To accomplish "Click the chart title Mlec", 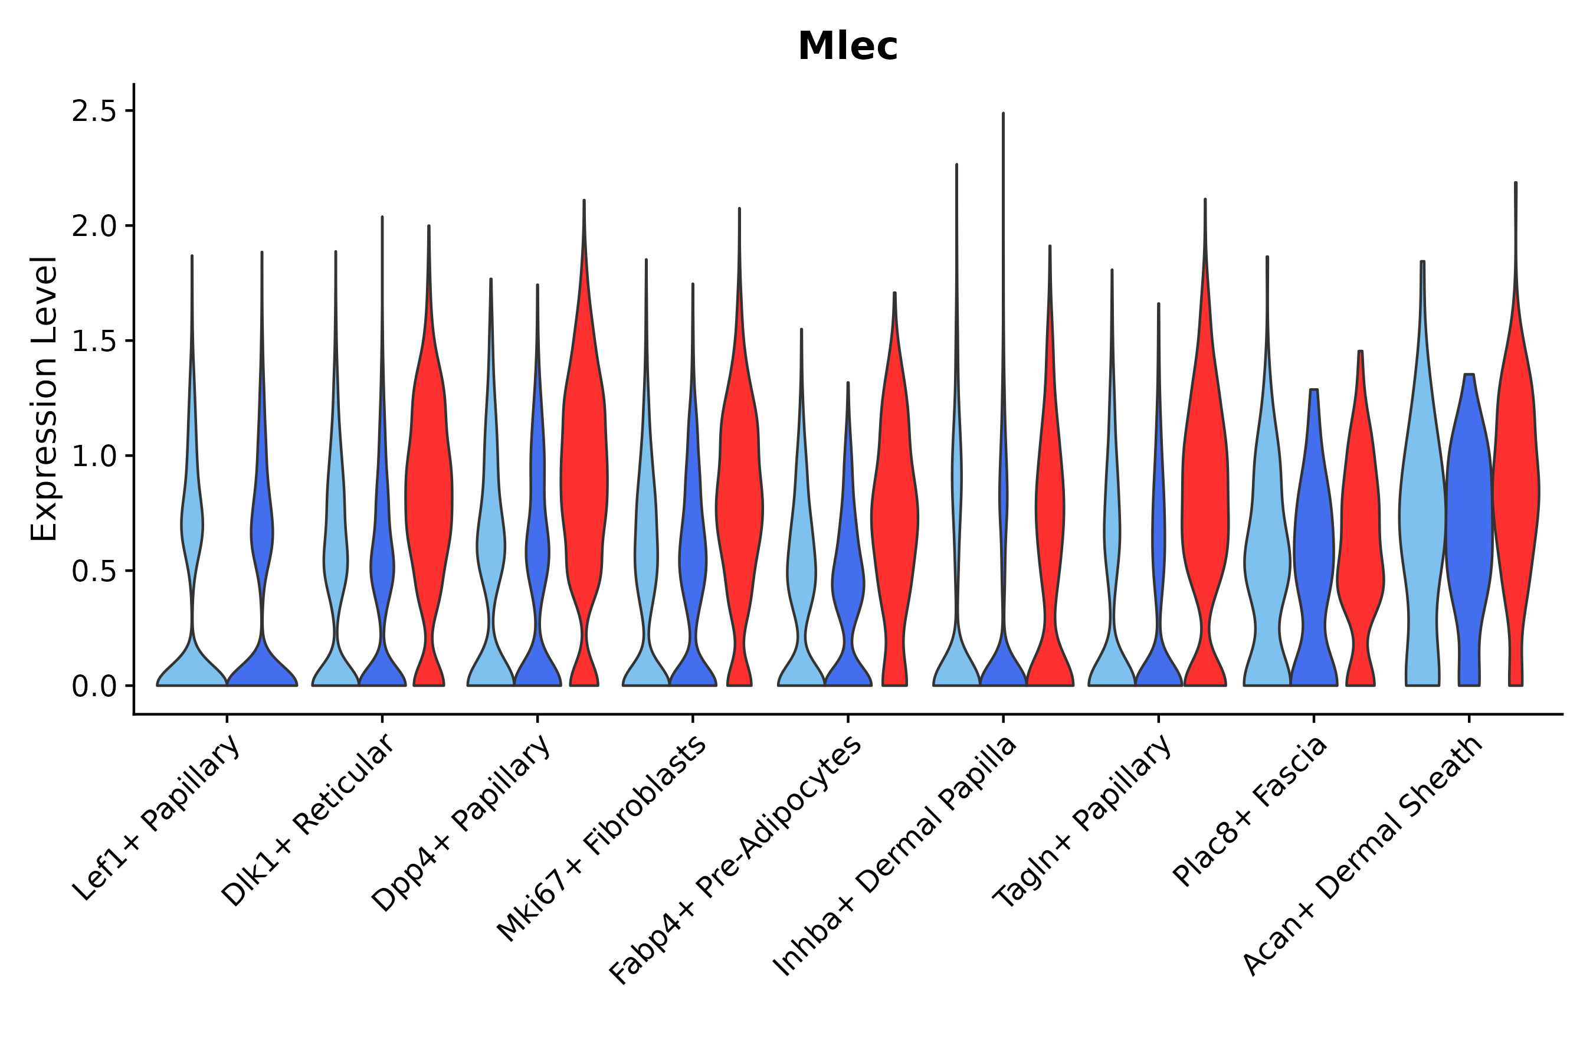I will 847,47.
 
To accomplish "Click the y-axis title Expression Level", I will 45,398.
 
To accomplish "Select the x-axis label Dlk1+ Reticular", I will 307,820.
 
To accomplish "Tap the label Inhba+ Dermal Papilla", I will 896,856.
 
